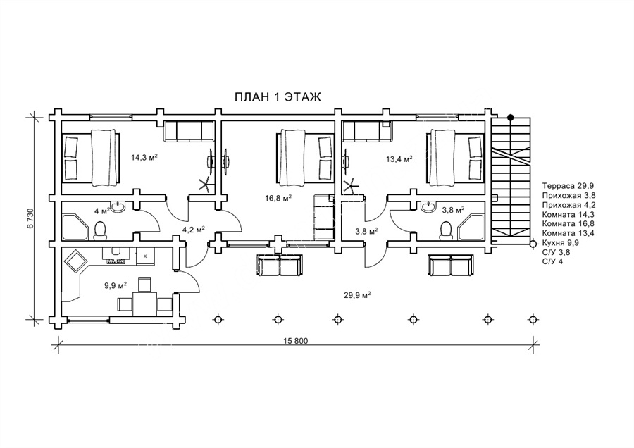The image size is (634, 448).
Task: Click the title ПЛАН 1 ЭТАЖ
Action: (x=278, y=97)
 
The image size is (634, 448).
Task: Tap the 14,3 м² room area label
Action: (x=144, y=157)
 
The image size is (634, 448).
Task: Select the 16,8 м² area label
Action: (x=278, y=198)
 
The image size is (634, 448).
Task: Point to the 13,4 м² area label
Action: (x=399, y=159)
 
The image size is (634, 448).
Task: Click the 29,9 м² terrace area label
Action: (x=358, y=294)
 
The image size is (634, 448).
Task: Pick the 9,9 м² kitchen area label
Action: (x=116, y=285)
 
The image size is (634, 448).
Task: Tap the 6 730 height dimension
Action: (x=30, y=219)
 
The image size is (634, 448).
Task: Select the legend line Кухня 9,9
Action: (x=561, y=242)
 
